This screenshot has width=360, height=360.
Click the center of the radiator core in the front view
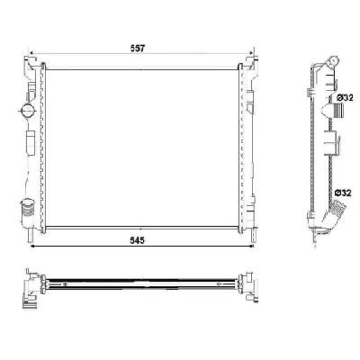(x=141, y=144)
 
